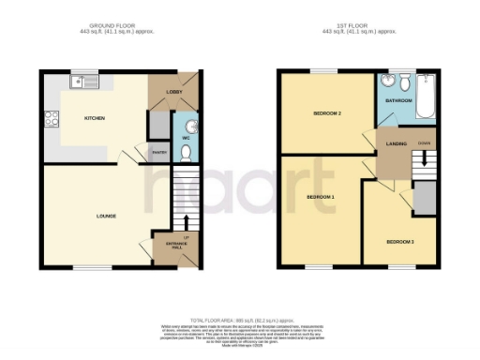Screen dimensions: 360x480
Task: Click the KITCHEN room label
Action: (x=94, y=119)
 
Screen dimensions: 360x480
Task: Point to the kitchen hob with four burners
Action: (x=49, y=119)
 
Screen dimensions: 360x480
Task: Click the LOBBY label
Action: (x=173, y=92)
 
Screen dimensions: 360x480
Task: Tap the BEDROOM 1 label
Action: (x=321, y=197)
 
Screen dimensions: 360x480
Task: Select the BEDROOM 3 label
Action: (x=399, y=242)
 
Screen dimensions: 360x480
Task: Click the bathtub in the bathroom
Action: (x=424, y=98)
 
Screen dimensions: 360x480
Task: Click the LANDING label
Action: (x=393, y=143)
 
